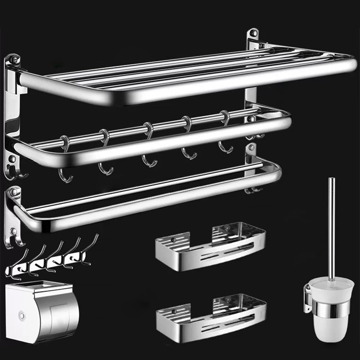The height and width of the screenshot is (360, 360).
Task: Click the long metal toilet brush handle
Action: point(332,225)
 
